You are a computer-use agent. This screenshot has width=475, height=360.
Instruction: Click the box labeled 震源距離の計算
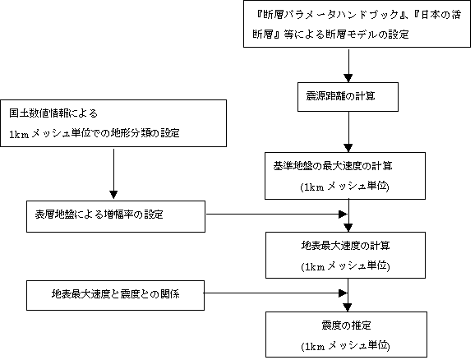point(348,97)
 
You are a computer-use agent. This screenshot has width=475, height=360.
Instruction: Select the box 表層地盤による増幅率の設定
point(116,216)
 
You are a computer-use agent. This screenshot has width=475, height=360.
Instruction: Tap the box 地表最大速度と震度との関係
point(115,295)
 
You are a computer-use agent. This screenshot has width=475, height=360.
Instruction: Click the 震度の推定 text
point(346,325)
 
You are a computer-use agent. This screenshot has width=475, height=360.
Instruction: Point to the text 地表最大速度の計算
point(345,246)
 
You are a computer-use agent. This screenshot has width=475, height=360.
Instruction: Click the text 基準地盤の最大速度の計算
point(333,166)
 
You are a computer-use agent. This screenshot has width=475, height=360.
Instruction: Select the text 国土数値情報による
point(53,113)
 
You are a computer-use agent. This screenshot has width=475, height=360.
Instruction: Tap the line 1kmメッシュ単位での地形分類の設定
point(95,133)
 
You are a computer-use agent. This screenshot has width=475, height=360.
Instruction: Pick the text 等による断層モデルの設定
point(346,35)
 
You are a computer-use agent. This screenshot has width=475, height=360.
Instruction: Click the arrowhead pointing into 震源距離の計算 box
point(348,77)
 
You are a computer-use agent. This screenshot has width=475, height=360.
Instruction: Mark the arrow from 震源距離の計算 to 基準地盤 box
point(348,132)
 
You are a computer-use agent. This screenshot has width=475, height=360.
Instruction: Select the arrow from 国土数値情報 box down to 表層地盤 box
point(113,173)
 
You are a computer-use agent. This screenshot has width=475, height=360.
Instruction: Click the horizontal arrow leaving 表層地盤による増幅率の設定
point(277,215)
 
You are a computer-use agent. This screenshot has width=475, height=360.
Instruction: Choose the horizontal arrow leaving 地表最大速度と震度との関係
point(275,293)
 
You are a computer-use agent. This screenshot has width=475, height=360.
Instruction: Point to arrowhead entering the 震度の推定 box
point(348,307)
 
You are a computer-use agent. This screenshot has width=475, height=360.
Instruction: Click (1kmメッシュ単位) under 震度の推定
point(345,346)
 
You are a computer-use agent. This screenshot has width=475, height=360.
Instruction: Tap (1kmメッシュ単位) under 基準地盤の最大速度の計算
point(344,187)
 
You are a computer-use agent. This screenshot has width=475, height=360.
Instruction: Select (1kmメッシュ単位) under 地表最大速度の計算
point(345,266)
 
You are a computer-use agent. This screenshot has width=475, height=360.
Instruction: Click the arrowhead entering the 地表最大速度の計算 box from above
point(348,228)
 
